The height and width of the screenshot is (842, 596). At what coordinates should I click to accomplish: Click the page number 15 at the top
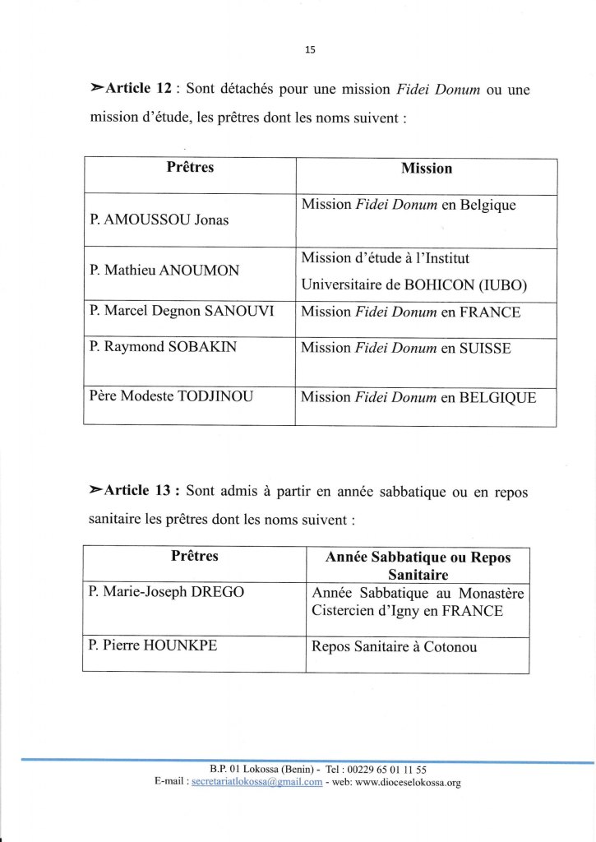click(309, 49)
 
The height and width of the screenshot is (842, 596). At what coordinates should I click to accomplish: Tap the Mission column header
click(427, 169)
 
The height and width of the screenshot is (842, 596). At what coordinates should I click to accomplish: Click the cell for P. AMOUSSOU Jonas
click(159, 220)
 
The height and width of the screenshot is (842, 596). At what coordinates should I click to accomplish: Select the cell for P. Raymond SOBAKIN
click(163, 347)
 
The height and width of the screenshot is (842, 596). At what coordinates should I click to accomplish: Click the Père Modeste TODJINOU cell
click(172, 397)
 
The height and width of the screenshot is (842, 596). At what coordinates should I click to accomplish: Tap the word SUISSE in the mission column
click(485, 348)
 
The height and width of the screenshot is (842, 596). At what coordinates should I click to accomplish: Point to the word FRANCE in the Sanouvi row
click(492, 312)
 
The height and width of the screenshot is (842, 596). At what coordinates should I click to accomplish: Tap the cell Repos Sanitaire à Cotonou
click(394, 646)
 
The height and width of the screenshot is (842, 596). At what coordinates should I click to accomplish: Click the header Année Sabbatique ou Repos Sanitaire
click(418, 567)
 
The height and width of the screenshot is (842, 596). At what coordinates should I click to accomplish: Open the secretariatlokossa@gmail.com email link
click(256, 783)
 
